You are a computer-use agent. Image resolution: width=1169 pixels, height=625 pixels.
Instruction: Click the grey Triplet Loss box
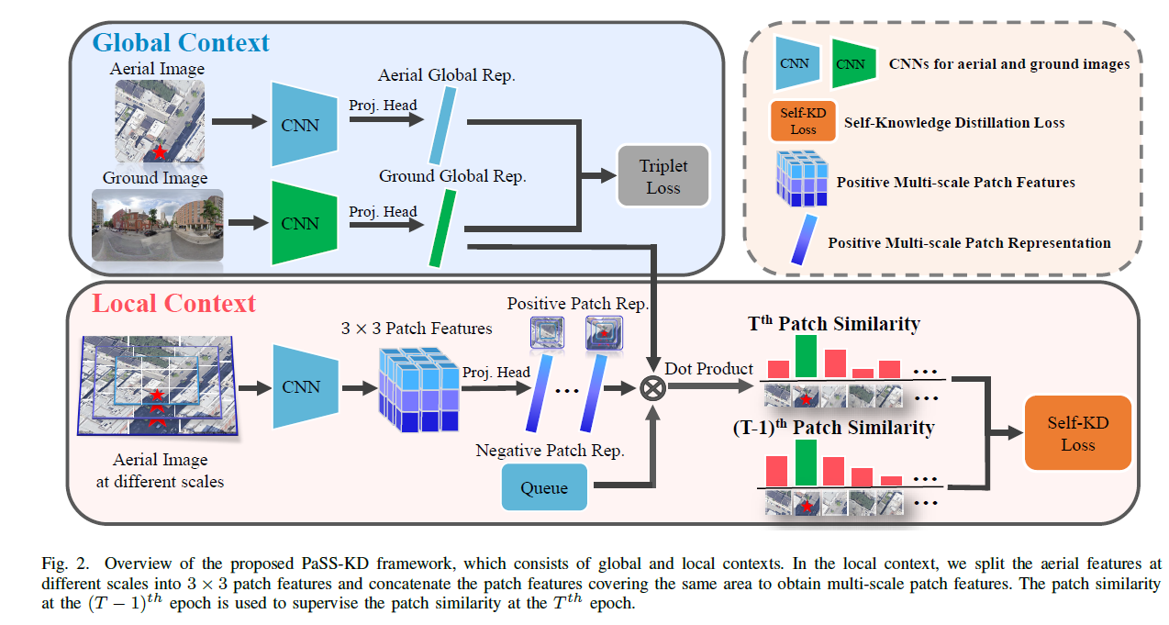(x=662, y=176)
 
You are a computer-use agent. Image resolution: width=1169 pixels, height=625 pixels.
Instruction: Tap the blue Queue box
(x=543, y=488)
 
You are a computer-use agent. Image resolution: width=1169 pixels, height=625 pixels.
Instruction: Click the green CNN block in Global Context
(x=300, y=222)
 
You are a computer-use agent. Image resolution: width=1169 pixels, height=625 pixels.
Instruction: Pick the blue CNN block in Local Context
(x=300, y=386)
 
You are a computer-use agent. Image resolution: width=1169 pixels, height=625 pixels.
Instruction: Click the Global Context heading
(x=182, y=42)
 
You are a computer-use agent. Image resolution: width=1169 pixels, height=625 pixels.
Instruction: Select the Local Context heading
(x=173, y=303)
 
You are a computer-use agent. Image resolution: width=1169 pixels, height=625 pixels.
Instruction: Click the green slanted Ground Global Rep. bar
(x=443, y=228)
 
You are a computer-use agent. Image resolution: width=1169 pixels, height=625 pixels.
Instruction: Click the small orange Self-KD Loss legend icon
(x=803, y=122)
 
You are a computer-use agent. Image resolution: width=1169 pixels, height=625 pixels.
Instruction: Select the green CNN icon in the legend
(x=850, y=64)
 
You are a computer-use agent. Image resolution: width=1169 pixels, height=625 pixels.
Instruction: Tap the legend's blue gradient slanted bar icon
(x=803, y=240)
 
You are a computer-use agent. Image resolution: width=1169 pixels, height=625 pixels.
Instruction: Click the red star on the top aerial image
(x=161, y=151)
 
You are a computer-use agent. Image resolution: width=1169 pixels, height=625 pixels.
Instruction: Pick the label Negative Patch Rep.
(x=550, y=451)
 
